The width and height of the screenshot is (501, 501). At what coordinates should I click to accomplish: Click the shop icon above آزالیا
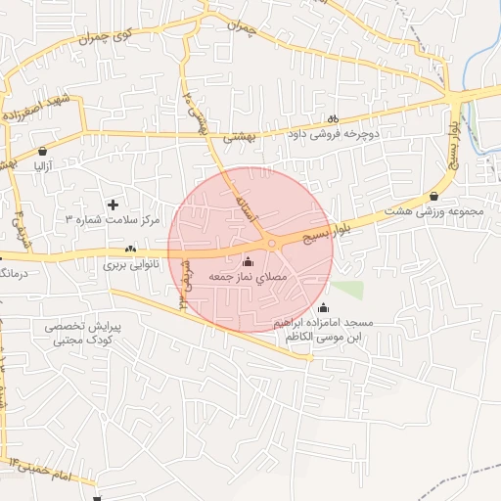tap(44, 152)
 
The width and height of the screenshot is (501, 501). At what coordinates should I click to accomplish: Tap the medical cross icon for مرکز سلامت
tap(114, 205)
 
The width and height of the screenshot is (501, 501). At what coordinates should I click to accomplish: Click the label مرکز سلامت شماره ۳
tap(113, 220)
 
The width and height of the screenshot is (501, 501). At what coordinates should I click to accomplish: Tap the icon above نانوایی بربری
tap(130, 250)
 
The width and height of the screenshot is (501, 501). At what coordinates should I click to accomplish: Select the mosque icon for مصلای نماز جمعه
tap(247, 262)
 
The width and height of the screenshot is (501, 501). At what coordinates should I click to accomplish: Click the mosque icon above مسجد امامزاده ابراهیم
tap(325, 308)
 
